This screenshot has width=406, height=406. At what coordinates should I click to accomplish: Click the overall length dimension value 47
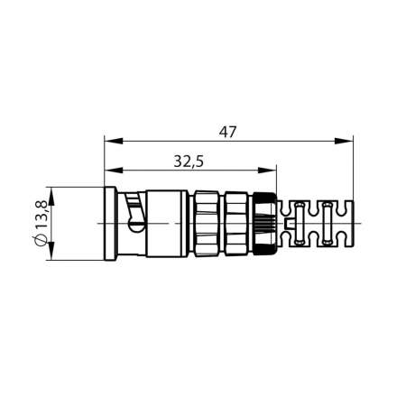tap(227, 132)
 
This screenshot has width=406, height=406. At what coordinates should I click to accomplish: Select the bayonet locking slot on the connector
tap(136, 216)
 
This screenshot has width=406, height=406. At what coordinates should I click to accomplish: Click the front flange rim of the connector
tap(109, 224)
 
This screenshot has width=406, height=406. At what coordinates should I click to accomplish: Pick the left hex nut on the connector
tap(203, 224)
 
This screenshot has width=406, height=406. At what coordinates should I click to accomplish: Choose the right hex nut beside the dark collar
tap(235, 224)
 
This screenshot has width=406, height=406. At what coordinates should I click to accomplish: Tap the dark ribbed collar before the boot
tap(264, 224)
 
